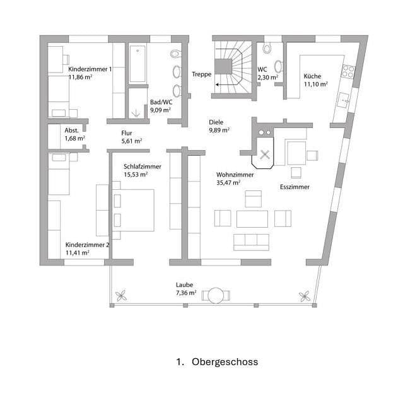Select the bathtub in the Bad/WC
tap(138, 64)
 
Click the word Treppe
tap(201, 74)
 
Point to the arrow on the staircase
tap(221, 83)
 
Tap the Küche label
tap(312, 76)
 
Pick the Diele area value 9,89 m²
tap(219, 131)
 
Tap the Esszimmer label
tap(295, 187)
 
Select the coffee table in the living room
tap(252, 219)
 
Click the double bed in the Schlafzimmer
tap(132, 209)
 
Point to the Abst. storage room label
tap(71, 130)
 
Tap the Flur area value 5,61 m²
tap(131, 141)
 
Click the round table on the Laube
tap(216, 295)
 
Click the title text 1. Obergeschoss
tap(217, 362)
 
